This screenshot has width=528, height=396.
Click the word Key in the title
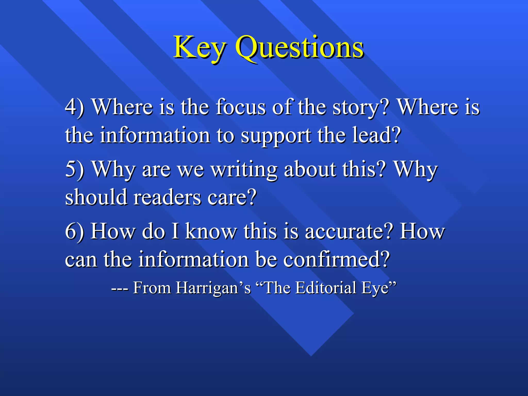(200, 48)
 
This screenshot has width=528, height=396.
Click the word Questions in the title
(300, 48)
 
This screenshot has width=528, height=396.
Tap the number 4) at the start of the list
(75, 107)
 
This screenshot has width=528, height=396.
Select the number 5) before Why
(75, 169)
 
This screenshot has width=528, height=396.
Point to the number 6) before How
(75, 231)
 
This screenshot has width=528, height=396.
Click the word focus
(241, 107)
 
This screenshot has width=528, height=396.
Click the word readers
(167, 197)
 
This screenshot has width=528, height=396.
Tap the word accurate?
(349, 231)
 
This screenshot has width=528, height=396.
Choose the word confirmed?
(336, 259)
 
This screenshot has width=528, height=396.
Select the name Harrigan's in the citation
(213, 288)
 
